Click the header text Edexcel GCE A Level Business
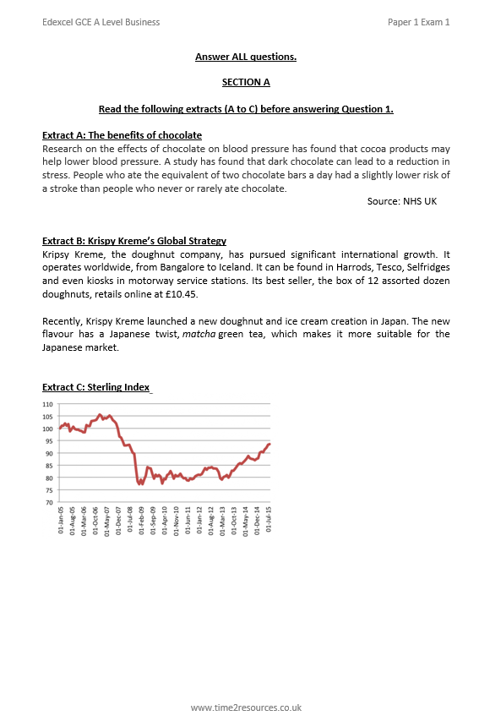point(101,22)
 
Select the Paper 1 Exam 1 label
point(418,22)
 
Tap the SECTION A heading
point(246,83)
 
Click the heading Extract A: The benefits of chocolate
point(122,135)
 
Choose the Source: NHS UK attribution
point(401,200)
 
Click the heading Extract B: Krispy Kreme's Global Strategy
point(134,241)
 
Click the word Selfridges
point(422,266)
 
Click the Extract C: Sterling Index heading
point(95,387)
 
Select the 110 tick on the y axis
point(47,404)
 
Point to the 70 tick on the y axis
point(49,503)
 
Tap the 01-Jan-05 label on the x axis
point(61,523)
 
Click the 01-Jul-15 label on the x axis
point(269,523)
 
